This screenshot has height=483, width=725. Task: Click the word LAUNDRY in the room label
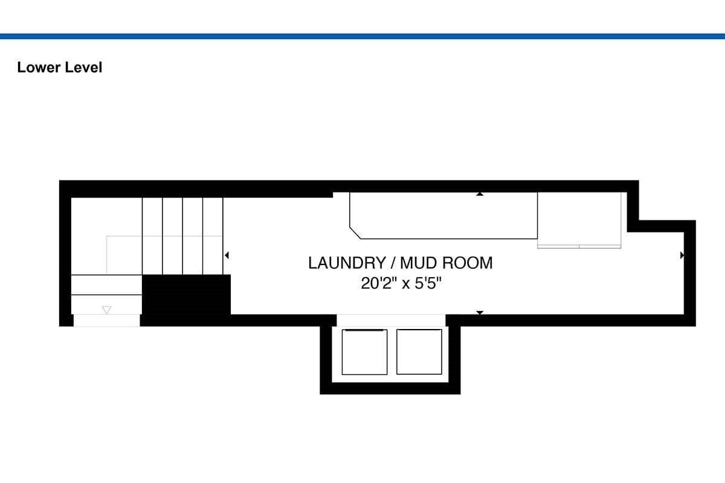(x=347, y=263)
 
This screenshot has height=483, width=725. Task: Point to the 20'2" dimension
(x=379, y=283)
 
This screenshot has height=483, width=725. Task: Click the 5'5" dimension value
(x=428, y=283)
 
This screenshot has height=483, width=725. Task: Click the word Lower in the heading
(x=39, y=68)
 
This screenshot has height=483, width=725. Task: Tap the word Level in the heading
(x=83, y=68)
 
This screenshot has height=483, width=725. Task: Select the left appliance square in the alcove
(x=364, y=352)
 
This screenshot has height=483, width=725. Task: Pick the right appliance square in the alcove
(x=419, y=351)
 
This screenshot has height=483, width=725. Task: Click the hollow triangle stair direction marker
(x=106, y=310)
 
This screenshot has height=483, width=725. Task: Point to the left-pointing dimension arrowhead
(x=227, y=255)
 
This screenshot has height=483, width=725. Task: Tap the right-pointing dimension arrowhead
(x=682, y=255)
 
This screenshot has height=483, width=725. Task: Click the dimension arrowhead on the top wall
(x=480, y=194)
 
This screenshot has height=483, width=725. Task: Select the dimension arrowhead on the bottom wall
(x=480, y=313)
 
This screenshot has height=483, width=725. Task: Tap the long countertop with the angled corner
(x=443, y=216)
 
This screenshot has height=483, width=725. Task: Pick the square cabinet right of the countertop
(x=579, y=220)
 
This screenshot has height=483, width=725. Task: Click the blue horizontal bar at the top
(x=362, y=36)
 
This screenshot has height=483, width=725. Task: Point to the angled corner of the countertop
(x=355, y=233)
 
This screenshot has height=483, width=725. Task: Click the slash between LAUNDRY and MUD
(x=393, y=263)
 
